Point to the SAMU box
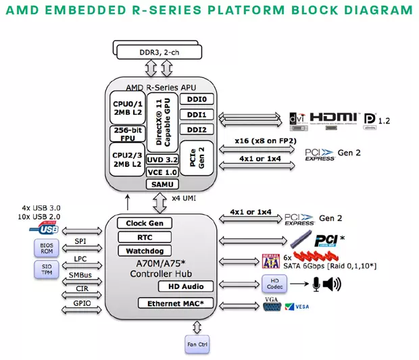tap(162, 184)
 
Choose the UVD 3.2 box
tap(162, 159)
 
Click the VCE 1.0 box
tap(162, 172)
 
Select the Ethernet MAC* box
tap(175, 304)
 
